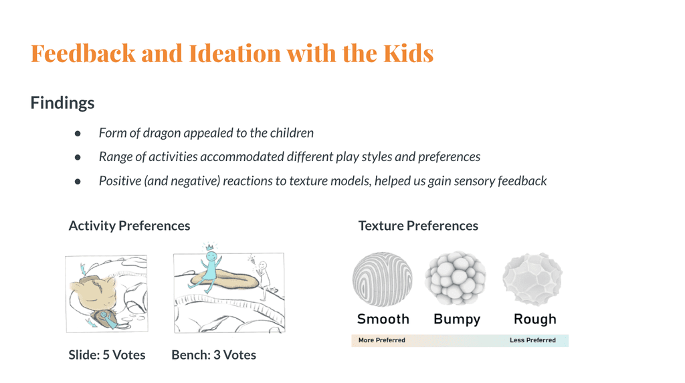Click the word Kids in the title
[x=409, y=53]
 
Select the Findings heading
[x=62, y=103]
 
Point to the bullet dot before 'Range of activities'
[x=78, y=157]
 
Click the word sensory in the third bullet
[x=474, y=181]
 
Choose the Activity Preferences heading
[x=129, y=226]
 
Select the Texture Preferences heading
[x=418, y=226]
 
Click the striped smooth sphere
[x=382, y=279]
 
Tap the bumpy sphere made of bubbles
[x=456, y=278]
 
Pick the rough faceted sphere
[x=532, y=279]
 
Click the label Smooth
[x=383, y=320]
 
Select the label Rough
[x=535, y=320]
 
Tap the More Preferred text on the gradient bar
[x=382, y=340]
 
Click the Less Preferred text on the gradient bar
[x=532, y=340]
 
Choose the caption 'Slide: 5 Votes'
[x=107, y=355]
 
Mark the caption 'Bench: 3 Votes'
[x=213, y=355]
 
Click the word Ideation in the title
[x=235, y=53]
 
